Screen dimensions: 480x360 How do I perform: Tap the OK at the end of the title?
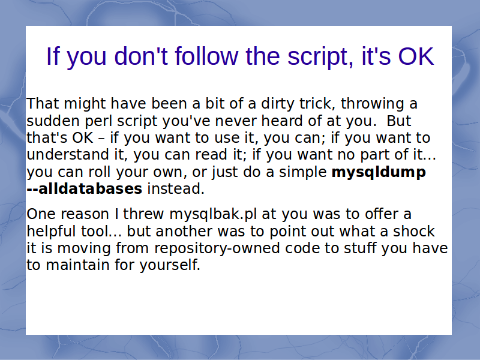[416, 56]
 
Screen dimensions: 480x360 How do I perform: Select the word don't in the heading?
[141, 56]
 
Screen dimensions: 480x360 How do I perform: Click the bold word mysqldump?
[379, 172]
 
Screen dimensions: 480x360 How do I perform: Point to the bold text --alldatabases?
[85, 189]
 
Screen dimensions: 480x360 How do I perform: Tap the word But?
[399, 121]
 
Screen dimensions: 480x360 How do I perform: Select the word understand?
[68, 155]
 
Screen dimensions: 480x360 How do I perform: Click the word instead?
[176, 189]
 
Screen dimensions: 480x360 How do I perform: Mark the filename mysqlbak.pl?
[213, 215]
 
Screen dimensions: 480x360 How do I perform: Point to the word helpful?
[52, 232]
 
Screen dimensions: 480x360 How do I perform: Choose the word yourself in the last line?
[170, 265]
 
